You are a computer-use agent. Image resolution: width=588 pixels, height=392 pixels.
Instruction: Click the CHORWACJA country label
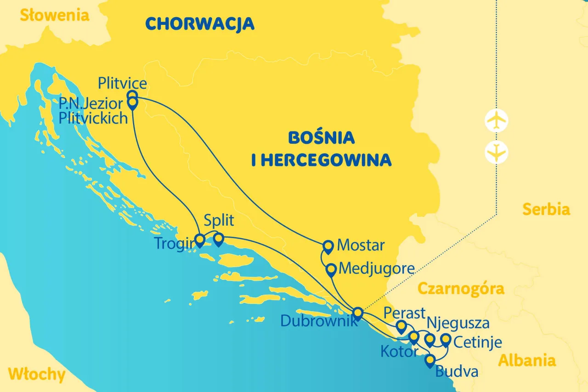tap(200, 23)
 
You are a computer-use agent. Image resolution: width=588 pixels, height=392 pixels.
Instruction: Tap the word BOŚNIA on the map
tap(321, 137)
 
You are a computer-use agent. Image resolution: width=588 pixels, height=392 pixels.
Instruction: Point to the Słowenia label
tap(54, 15)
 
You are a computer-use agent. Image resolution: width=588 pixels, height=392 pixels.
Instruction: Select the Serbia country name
tap(546, 210)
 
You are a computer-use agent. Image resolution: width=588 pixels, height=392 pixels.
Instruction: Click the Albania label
tap(527, 360)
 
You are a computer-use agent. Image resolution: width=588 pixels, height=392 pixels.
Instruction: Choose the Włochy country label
tap(37, 375)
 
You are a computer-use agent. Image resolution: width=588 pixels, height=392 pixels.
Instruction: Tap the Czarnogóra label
tap(461, 289)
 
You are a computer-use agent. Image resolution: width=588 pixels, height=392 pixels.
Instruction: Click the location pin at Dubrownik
tap(358, 312)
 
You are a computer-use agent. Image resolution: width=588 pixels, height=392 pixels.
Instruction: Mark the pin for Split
tap(219, 239)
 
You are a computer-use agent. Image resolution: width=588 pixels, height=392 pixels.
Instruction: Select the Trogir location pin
tap(200, 240)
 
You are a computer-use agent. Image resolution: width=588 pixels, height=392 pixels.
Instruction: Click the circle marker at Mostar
tap(328, 246)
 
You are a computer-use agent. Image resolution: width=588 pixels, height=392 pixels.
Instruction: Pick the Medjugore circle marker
tap(330, 269)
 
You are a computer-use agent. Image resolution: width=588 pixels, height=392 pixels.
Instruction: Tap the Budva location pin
tap(430, 360)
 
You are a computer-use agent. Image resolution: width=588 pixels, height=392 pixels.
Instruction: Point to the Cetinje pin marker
tap(445, 340)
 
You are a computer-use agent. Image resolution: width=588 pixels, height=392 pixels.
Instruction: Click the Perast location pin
tap(401, 326)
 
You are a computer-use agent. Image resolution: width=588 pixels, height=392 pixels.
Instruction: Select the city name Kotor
tap(399, 352)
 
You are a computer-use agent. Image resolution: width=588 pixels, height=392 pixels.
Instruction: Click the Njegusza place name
tap(458, 323)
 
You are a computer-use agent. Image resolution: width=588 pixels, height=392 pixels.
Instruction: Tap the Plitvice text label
tap(123, 84)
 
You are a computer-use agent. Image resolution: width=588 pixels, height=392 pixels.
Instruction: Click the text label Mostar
tap(361, 245)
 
